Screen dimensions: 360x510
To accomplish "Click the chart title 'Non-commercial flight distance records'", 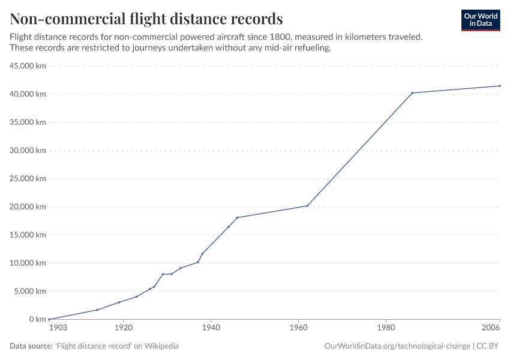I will click(x=146, y=18).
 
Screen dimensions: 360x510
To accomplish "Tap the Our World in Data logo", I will click(x=480, y=20).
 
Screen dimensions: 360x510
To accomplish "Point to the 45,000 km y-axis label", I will click(x=28, y=66).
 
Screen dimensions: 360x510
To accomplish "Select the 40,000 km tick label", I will click(x=28, y=94).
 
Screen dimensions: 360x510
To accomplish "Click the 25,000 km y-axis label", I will click(x=28, y=178).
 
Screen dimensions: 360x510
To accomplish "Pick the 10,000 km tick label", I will click(x=28, y=263).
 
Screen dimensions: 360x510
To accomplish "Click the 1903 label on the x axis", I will click(x=58, y=328).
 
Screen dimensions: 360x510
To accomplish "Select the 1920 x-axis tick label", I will click(x=124, y=328).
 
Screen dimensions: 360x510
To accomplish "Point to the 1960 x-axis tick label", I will click(x=298, y=328).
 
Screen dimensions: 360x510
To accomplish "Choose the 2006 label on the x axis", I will click(x=491, y=328).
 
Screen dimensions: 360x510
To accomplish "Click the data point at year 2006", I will click(x=500, y=86).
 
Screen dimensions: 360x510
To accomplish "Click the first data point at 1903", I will click(x=49, y=319).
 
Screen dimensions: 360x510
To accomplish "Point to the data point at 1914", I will click(x=97, y=310).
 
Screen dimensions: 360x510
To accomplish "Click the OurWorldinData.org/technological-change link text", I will click(x=397, y=346).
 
